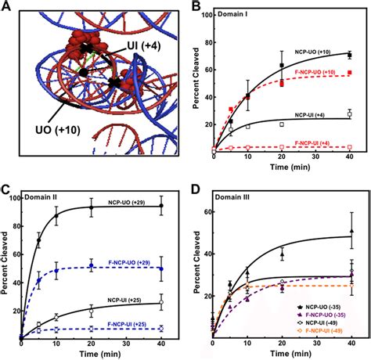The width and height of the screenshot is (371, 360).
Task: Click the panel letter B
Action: point(197,8)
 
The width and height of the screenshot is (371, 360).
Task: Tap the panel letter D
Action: point(197,189)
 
